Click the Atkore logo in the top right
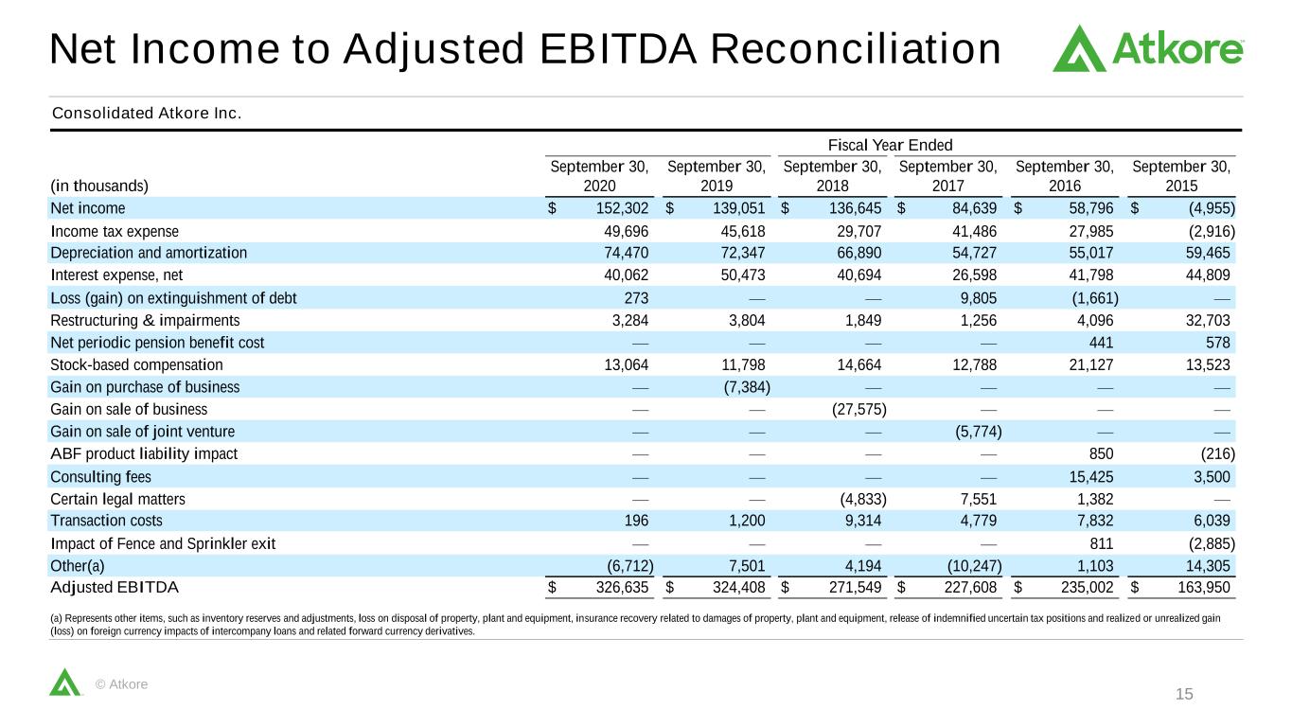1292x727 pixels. pyautogui.click(x=1148, y=48)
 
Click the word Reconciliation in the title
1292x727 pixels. pyautogui.click(x=856, y=48)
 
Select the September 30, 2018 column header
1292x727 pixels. pyautogui.click(x=832, y=176)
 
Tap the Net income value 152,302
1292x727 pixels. pyautogui.click(x=622, y=208)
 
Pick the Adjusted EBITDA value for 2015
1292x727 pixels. pyautogui.click(x=1204, y=587)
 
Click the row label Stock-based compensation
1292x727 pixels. pyautogui.click(x=136, y=364)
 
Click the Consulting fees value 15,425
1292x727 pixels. pyautogui.click(x=1090, y=476)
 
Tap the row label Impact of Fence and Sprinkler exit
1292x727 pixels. pyautogui.click(x=163, y=543)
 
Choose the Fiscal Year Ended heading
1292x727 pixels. pyautogui.click(x=890, y=145)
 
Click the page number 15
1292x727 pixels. pyautogui.click(x=1184, y=694)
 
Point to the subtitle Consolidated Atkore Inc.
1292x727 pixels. pyautogui.click(x=147, y=113)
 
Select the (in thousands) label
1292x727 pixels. pyautogui.click(x=99, y=186)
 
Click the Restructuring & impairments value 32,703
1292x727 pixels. pyautogui.click(x=1208, y=320)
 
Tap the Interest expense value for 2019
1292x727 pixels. pyautogui.click(x=743, y=275)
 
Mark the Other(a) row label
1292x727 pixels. pyautogui.click(x=78, y=566)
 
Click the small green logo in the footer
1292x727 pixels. pyautogui.click(x=64, y=682)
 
